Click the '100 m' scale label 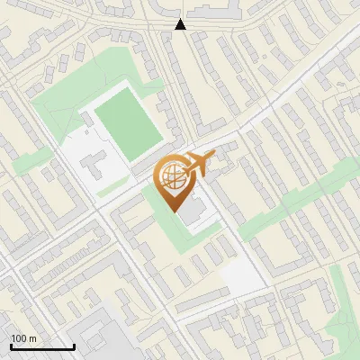[24, 337]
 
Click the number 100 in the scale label [20, 337]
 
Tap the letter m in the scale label [33, 337]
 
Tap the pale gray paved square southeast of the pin [241, 275]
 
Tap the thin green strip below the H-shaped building [113, 189]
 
